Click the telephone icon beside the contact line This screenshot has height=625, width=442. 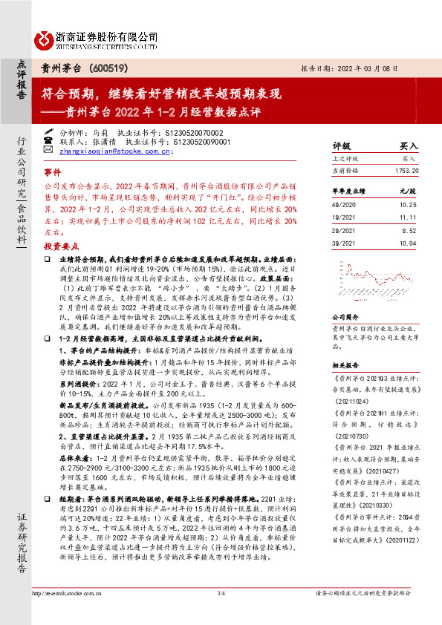48,139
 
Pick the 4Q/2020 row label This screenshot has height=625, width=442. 343,203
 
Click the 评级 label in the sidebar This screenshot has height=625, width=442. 342,146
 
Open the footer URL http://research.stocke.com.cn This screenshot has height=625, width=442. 69,614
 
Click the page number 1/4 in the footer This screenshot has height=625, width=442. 221,614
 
